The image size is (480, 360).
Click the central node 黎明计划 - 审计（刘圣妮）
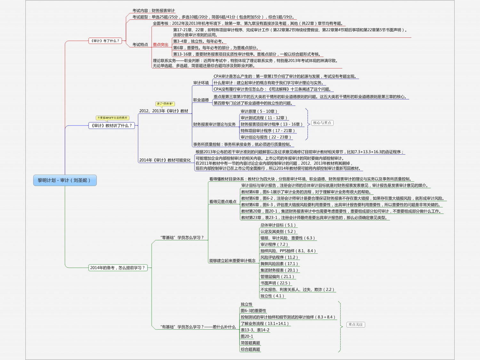pyautogui.click(x=65, y=180)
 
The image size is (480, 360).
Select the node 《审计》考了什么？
pyautogui.click(x=105, y=41)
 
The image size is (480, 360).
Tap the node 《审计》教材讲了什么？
pyautogui.click(x=112, y=125)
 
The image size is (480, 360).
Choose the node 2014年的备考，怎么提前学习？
pyautogui.click(x=118, y=268)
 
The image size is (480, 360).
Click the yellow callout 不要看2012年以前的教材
pyautogui.click(x=112, y=118)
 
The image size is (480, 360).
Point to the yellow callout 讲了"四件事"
pyautogui.click(x=165, y=104)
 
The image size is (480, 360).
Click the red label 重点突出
pyautogui.click(x=160, y=45)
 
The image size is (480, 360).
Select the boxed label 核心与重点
pyautogui.click(x=322, y=123)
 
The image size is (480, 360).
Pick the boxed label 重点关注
pyautogui.click(x=356, y=324)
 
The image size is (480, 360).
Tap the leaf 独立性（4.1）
pyautogui.click(x=272, y=296)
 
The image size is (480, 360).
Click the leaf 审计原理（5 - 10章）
pyautogui.click(x=259, y=111)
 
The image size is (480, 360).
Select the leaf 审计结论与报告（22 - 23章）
pyautogui.click(x=266, y=137)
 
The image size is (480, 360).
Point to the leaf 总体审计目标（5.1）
pyautogui.click(x=278, y=225)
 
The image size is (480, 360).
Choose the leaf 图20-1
pyautogui.click(x=247, y=336)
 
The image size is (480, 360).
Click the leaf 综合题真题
pyautogui.click(x=250, y=349)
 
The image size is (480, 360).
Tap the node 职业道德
pyautogui.click(x=201, y=100)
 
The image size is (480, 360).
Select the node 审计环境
pyautogui.click(x=201, y=83)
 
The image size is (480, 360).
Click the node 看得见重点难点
pyautogui.click(x=223, y=202)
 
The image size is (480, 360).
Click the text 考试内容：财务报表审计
pyautogui.click(x=154, y=11)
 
